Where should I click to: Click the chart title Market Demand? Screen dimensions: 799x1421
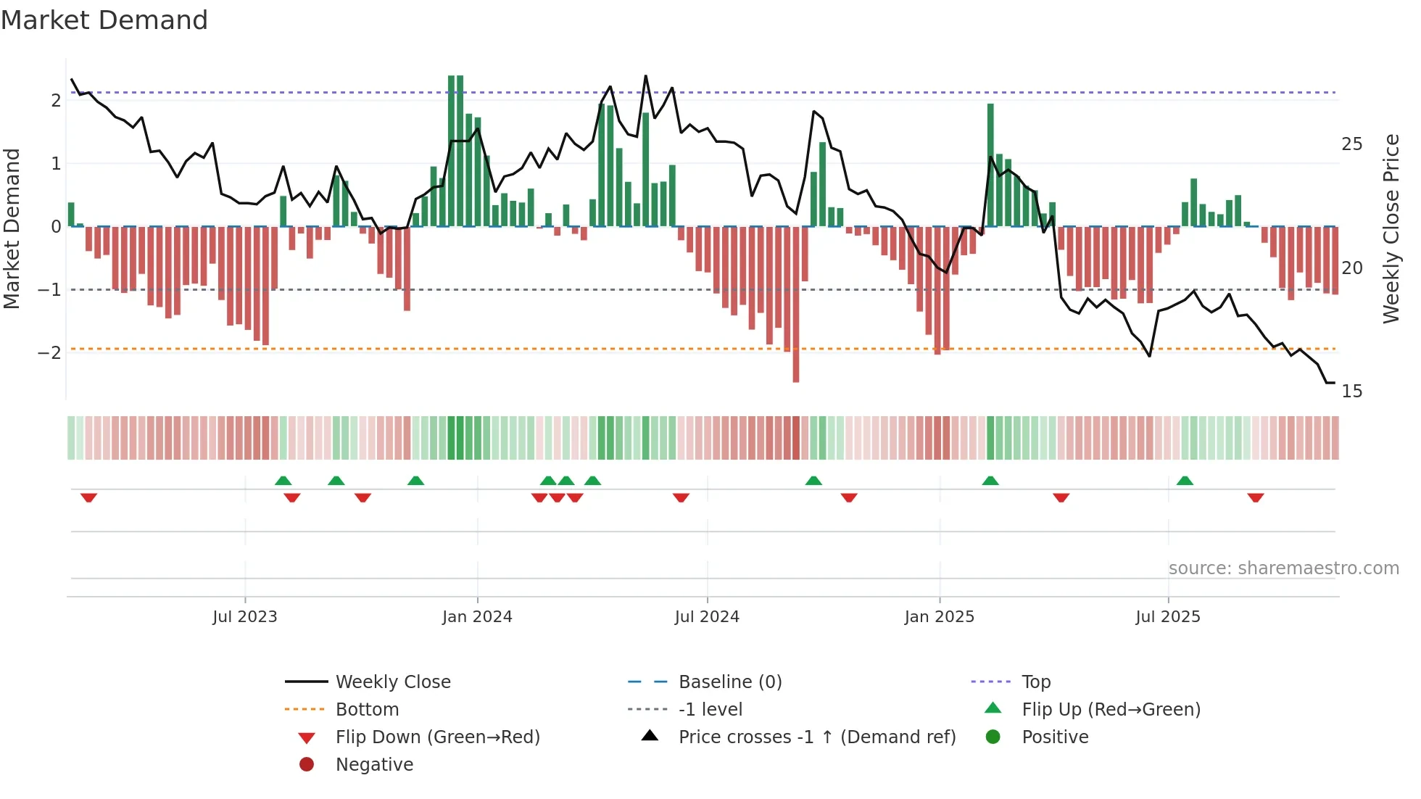point(104,20)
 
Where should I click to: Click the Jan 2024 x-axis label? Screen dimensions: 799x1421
point(477,617)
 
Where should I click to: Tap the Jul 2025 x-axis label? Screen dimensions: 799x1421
point(1168,617)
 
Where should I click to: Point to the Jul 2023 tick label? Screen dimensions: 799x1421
point(245,617)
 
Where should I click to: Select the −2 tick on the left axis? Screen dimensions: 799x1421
point(49,353)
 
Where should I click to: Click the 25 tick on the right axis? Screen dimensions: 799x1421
point(1351,144)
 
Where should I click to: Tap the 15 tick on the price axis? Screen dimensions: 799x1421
point(1351,392)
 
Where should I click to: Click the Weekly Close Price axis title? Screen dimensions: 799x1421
point(1391,228)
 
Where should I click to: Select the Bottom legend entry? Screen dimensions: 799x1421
point(367,710)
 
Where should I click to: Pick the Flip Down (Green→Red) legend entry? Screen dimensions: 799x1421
point(437,737)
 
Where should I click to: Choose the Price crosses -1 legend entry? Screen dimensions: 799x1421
point(817,737)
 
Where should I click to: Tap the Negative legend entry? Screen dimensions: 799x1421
point(374,765)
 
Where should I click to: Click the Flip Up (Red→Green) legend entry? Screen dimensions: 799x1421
point(1111,710)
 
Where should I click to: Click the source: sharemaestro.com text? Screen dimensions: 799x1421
point(1283,568)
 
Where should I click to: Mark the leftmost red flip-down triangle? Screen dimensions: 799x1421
point(88,497)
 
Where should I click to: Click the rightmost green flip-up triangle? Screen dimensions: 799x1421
point(1185,481)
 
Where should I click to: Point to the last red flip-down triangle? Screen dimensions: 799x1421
point(1256,497)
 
